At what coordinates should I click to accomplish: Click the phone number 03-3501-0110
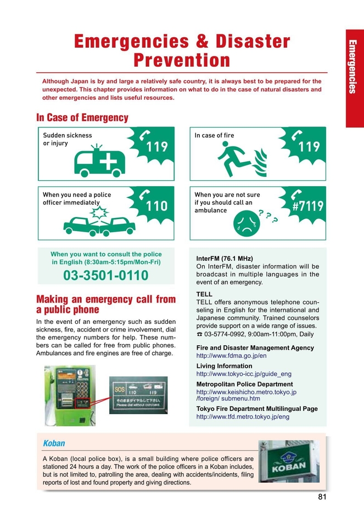tap(106, 276)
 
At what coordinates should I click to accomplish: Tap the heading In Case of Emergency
tap(82, 118)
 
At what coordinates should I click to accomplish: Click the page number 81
tap(322, 497)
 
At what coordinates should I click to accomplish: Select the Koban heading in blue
tap(54, 443)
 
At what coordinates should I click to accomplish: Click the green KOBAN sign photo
tap(289, 461)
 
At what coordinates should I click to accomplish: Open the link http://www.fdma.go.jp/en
tap(231, 356)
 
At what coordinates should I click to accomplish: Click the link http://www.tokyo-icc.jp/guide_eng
tap(244, 374)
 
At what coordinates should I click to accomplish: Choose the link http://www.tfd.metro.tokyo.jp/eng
tap(243, 417)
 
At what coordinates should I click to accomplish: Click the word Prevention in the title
tap(182, 60)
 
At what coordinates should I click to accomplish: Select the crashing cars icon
tap(99, 221)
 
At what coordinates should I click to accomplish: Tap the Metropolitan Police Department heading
tap(244, 385)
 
